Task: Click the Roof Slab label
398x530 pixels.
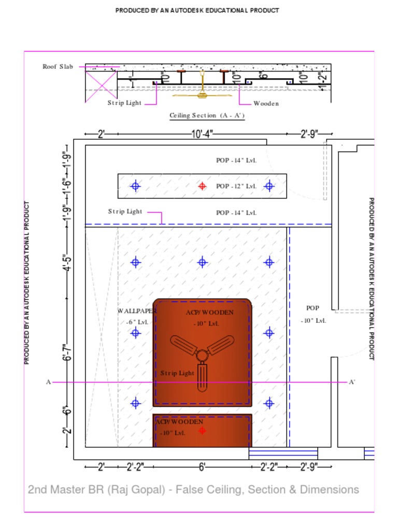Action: (x=58, y=67)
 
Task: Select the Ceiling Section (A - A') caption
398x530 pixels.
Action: (x=207, y=115)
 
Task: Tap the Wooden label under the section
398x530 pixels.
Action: (x=266, y=104)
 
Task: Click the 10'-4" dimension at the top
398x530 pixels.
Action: (x=202, y=135)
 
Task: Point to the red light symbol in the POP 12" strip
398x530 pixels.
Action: (x=202, y=186)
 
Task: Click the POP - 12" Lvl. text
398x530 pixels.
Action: (x=236, y=186)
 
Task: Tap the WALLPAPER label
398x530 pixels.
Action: (x=137, y=311)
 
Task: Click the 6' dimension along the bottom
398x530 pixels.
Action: (x=202, y=467)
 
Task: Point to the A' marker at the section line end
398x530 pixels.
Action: (x=352, y=382)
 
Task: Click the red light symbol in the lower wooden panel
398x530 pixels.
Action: (x=202, y=430)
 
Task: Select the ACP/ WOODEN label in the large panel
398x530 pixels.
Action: (x=210, y=313)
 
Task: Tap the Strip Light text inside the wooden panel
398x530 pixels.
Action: (x=177, y=373)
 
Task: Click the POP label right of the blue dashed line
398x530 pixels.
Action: (x=313, y=308)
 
